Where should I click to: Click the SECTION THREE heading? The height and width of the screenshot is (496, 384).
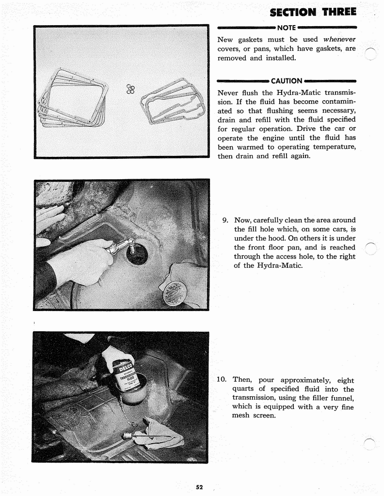(313, 12)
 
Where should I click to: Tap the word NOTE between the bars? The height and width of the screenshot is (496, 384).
(287, 28)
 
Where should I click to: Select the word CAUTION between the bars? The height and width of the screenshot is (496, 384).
(287, 81)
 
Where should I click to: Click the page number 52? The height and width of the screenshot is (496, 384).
(199, 487)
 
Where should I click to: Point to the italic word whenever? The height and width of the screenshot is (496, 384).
(339, 39)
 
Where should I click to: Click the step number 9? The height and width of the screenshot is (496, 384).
(225, 220)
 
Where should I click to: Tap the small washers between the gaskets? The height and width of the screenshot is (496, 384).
(130, 89)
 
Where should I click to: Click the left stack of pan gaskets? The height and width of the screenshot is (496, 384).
(73, 98)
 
